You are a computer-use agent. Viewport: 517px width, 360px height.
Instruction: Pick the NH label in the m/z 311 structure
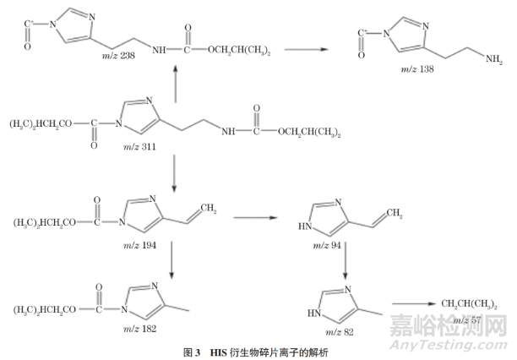point(234,131)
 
